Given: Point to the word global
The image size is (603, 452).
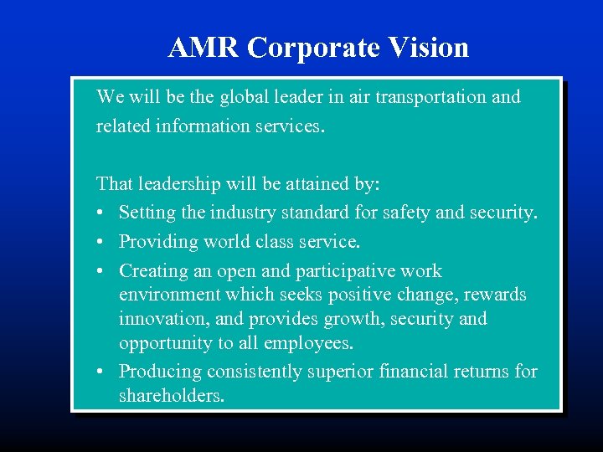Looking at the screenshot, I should (244, 97).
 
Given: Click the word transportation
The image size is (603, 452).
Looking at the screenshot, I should (430, 97).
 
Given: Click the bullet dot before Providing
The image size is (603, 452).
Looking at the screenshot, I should (101, 243).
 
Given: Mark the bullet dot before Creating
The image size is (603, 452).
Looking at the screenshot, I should (101, 271).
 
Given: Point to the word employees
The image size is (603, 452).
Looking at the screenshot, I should (310, 343).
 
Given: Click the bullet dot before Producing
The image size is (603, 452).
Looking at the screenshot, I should (101, 372).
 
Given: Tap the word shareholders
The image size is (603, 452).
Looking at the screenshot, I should (171, 395).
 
